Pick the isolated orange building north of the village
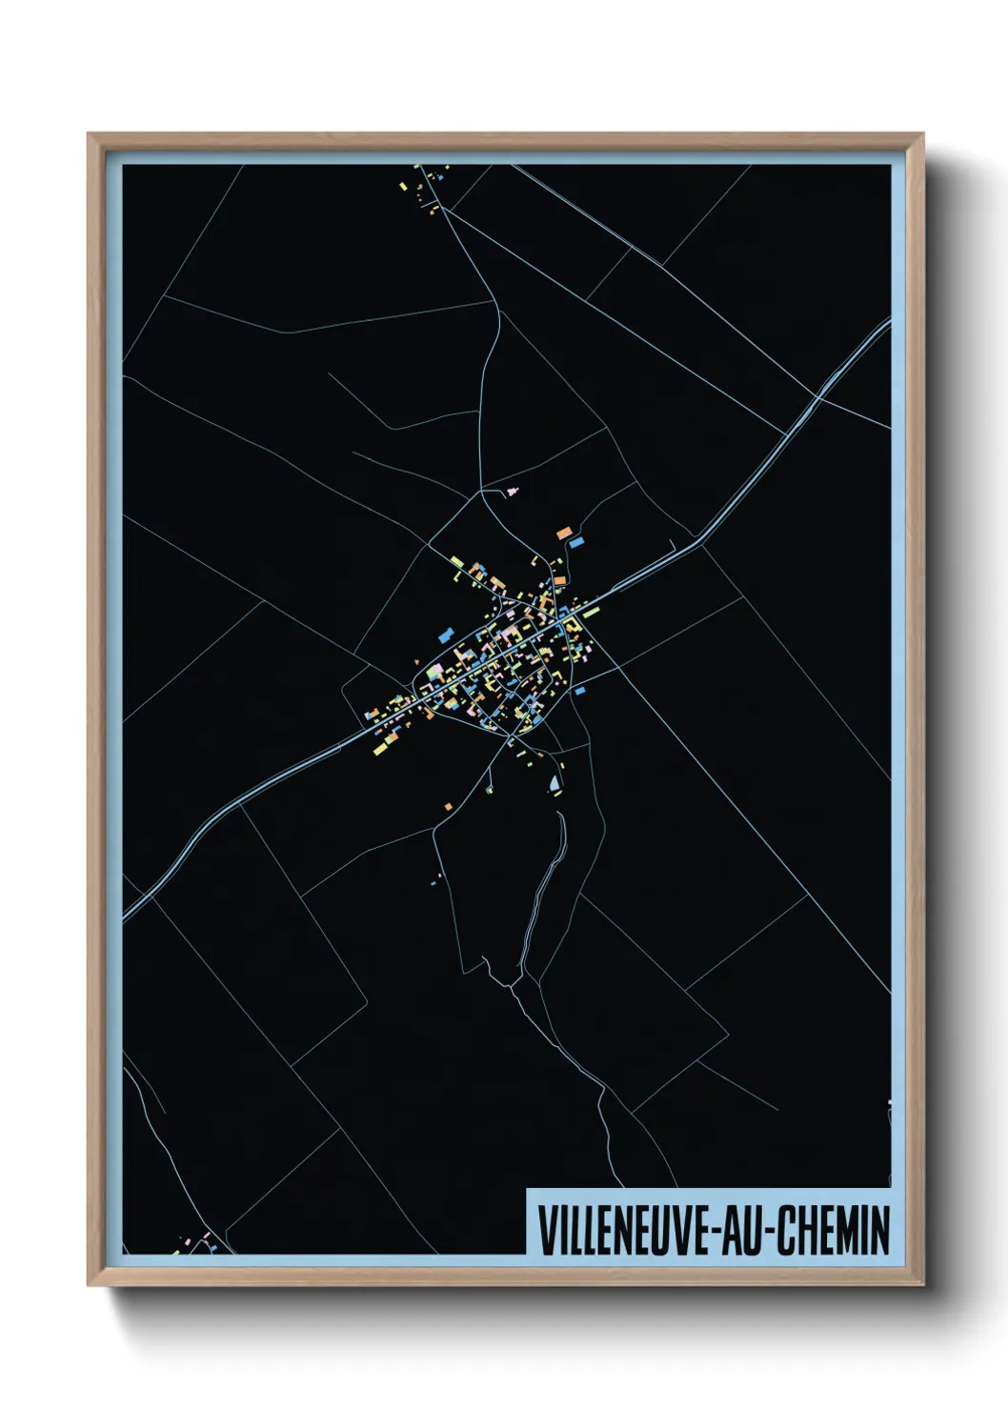[564, 532]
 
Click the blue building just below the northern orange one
[575, 542]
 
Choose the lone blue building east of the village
[577, 693]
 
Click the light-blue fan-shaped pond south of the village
[554, 785]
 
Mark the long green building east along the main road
[591, 610]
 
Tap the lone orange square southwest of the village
[448, 807]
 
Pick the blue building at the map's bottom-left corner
[214, 1246]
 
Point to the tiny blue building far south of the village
[433, 883]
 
